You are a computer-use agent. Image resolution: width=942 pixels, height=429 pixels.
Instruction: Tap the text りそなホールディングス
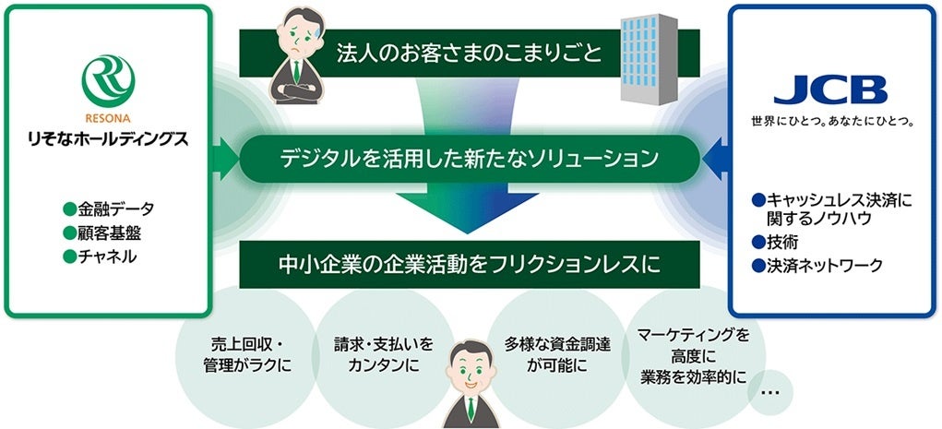coord(110,140)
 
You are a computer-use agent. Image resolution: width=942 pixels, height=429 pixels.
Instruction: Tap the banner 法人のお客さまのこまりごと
coord(470,54)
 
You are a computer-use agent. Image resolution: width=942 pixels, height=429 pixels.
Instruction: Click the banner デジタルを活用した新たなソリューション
coord(470,159)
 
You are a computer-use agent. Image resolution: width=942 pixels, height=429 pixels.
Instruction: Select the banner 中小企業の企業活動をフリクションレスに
coord(470,265)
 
